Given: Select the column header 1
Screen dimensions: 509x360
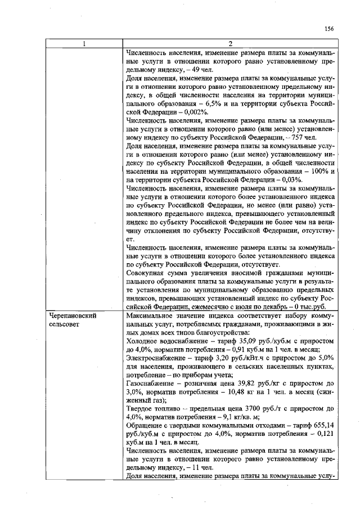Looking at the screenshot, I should [x=83, y=44].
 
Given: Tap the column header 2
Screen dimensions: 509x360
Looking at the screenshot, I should [x=231, y=44].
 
